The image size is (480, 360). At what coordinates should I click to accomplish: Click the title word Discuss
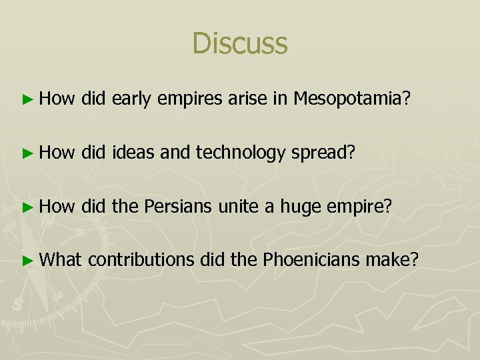[239, 43]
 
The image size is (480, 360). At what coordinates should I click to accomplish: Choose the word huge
[301, 207]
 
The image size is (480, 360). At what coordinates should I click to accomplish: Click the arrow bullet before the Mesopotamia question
[27, 100]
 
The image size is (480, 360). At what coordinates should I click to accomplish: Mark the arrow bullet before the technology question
[27, 153]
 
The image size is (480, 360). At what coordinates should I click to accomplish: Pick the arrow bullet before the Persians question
[27, 207]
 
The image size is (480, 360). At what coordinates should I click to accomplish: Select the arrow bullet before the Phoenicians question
[27, 259]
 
